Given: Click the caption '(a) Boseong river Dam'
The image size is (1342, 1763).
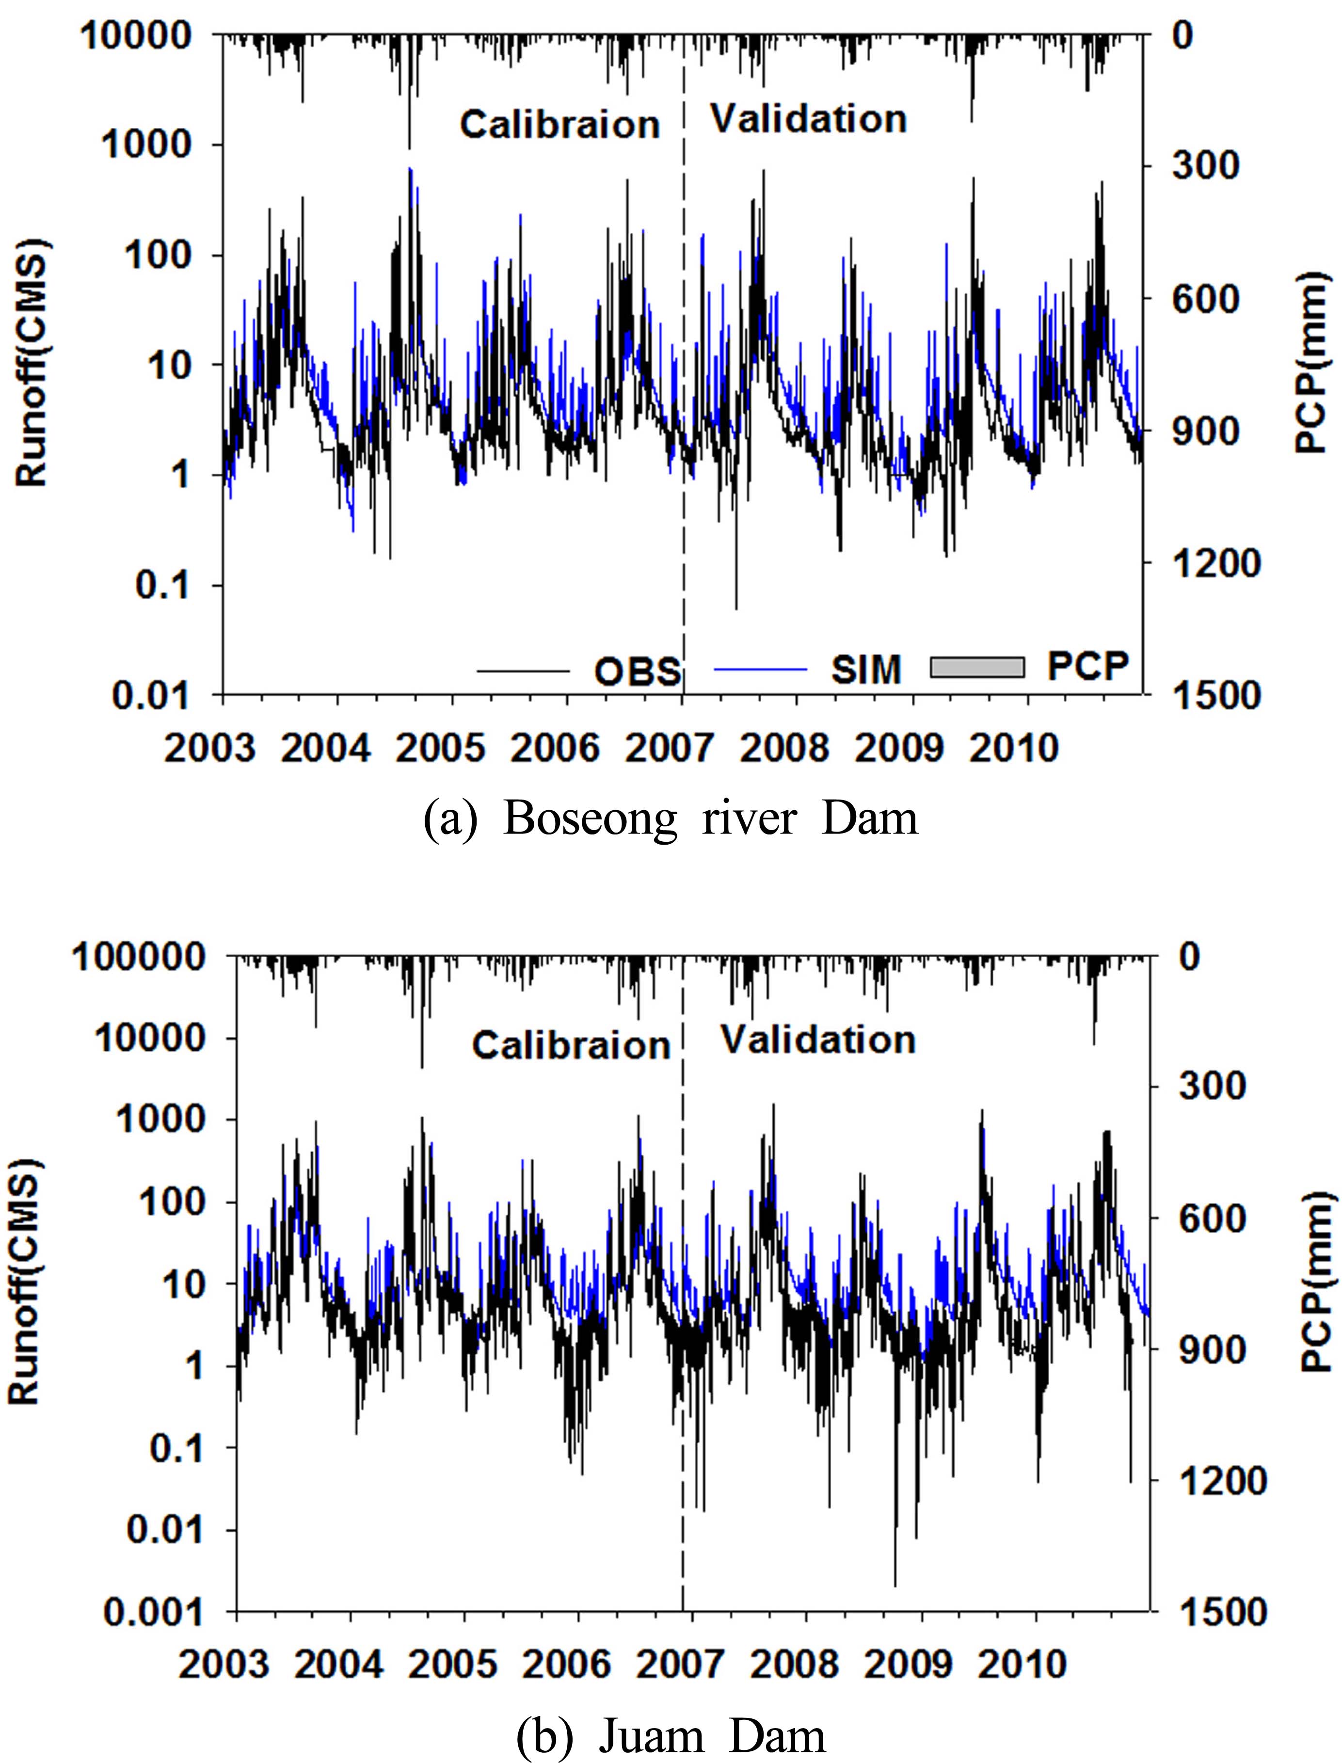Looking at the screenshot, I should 671,819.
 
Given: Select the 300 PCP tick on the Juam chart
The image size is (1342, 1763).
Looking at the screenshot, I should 1209,1087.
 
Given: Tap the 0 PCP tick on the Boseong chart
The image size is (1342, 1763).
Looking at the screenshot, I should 1182,35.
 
